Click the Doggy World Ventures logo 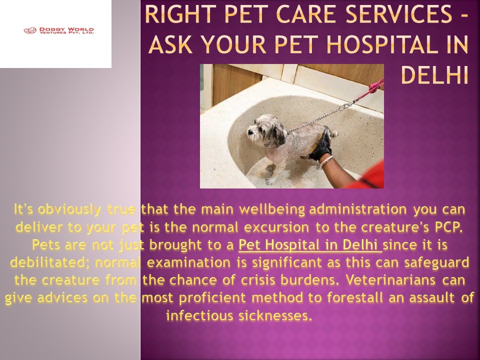(x=58, y=31)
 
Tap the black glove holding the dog (x=320, y=144)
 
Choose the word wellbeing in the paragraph (x=272, y=208)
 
